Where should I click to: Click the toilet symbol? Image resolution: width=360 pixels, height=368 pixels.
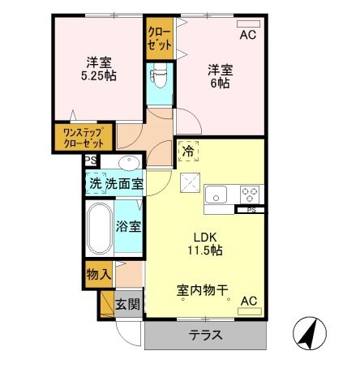tap(159, 77)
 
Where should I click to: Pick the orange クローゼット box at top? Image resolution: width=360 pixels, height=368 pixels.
tap(158, 36)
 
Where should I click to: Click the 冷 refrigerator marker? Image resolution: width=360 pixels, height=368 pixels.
tap(187, 151)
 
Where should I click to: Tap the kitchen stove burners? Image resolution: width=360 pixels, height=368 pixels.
tap(251, 195)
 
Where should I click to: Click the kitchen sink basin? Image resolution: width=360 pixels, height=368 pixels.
tap(216, 195)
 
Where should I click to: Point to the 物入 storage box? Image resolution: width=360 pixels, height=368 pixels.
tap(98, 274)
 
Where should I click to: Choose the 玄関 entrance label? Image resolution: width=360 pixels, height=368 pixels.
tap(128, 304)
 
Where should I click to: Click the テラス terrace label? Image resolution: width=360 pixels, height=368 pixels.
tap(206, 336)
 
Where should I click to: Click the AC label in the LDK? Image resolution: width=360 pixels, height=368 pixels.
tap(249, 302)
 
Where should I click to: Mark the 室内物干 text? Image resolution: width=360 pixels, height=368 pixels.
tap(201, 289)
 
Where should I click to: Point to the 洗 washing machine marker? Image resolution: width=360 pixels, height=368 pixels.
tap(96, 184)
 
